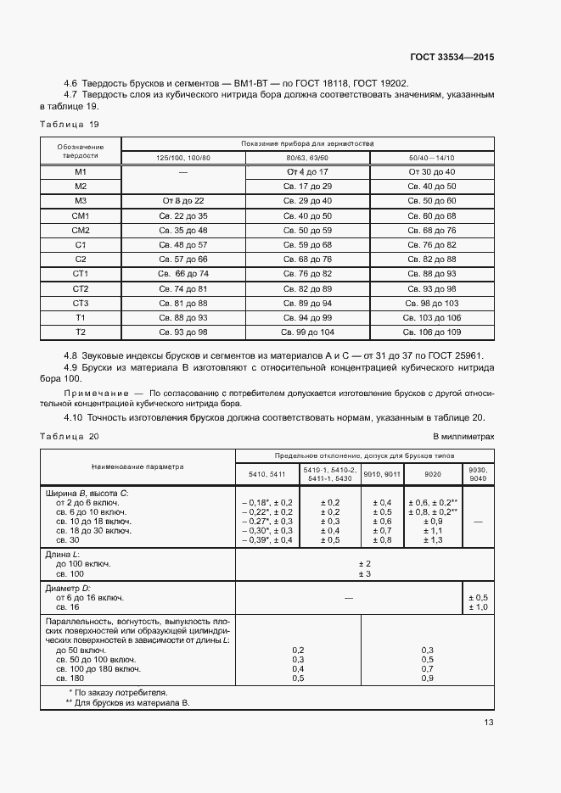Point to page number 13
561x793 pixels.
[488, 723]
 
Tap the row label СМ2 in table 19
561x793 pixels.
[81, 230]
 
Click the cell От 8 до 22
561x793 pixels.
[183, 200]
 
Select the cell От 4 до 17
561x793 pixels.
[308, 171]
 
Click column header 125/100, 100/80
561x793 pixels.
[182, 158]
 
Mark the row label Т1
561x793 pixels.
[81, 316]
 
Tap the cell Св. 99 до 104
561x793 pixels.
[308, 331]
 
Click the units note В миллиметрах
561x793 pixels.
[463, 436]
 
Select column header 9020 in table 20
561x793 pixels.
[432, 473]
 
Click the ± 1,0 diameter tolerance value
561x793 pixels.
[478, 607]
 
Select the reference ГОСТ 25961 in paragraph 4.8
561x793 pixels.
[465, 355]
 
